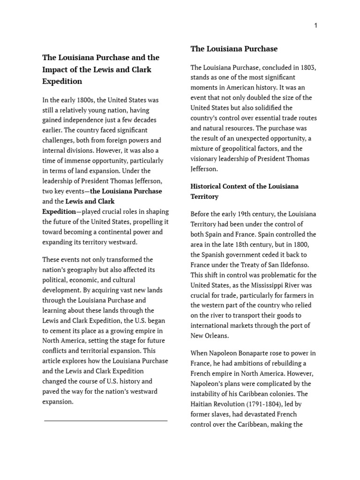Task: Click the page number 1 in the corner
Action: pos(315,25)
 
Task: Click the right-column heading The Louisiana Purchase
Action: pos(234,49)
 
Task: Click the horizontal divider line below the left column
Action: pos(105,420)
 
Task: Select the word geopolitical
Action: pos(238,149)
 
